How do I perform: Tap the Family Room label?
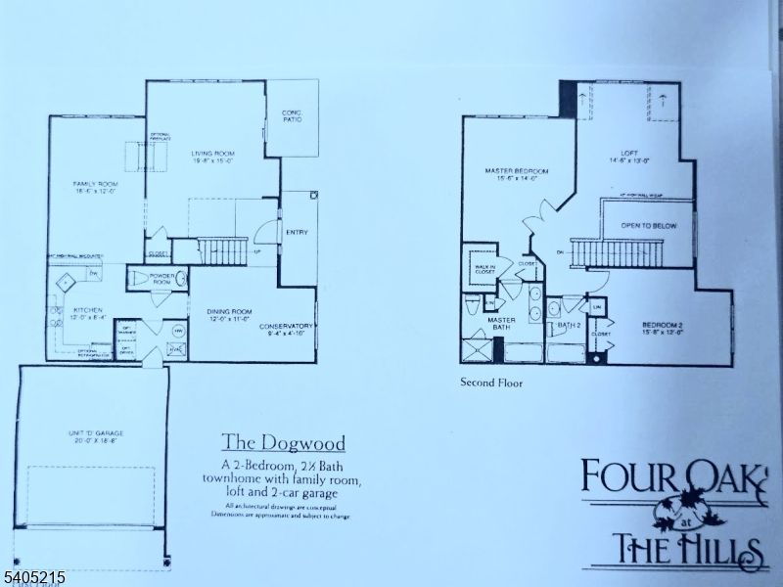pyautogui.click(x=95, y=188)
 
